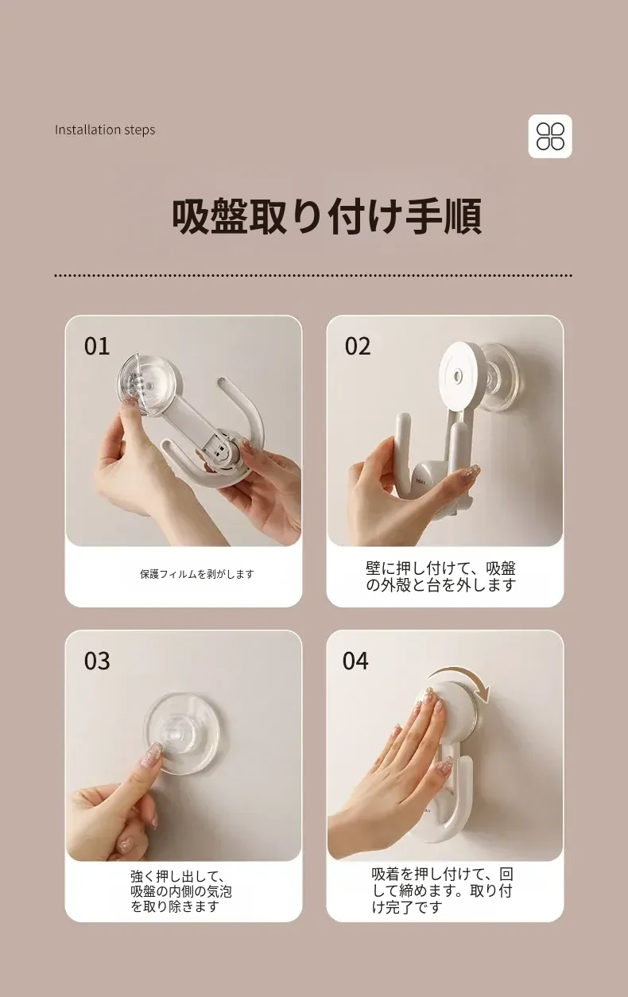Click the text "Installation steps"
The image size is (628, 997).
coord(105,130)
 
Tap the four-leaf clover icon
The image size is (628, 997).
coord(550,136)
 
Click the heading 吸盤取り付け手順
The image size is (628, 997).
coord(327,217)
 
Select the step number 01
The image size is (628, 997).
coord(96,347)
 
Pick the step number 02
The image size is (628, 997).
coord(357,347)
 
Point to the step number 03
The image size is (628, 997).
coord(96,661)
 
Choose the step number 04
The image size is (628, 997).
coord(355,661)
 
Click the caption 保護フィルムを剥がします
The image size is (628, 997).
coord(196,574)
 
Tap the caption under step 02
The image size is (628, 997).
coord(440,576)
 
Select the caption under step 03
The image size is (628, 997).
coord(180,891)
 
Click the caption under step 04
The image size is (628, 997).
coord(442,890)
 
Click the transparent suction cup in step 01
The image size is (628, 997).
coord(150,386)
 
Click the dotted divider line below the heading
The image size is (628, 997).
coord(313,276)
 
